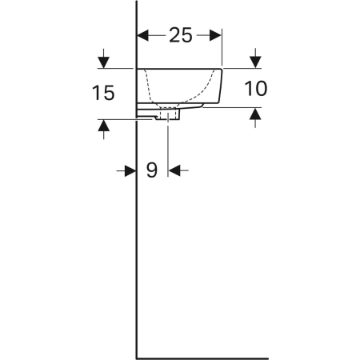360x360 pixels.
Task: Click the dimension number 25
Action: (181, 35)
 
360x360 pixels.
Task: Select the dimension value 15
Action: (103, 93)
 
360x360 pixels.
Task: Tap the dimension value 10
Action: (255, 88)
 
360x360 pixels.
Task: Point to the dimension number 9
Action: (152, 170)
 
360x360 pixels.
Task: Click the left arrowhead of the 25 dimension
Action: (142, 35)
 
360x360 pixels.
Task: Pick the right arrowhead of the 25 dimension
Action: (215, 35)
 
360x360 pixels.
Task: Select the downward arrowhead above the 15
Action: (104, 62)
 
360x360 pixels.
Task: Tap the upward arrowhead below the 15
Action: (104, 126)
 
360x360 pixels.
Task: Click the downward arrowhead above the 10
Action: (256, 62)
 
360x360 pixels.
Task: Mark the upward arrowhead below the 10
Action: (256, 114)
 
